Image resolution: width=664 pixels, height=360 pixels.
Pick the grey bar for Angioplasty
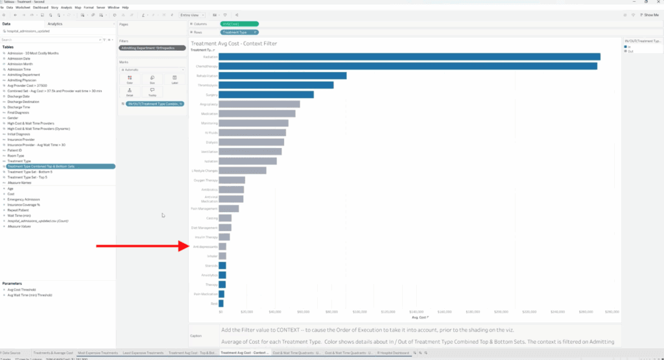(x=259, y=104)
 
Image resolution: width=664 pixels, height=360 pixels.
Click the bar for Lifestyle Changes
(x=243, y=171)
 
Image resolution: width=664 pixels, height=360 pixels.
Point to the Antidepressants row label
(x=205, y=247)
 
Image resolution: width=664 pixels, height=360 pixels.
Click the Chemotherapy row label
(x=207, y=66)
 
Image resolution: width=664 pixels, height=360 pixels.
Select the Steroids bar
(x=222, y=265)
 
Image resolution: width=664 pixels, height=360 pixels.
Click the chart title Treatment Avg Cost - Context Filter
(x=234, y=43)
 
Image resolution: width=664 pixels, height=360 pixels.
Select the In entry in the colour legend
(x=629, y=47)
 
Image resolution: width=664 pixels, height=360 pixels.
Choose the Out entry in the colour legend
(x=630, y=51)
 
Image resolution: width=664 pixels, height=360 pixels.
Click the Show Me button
(x=650, y=14)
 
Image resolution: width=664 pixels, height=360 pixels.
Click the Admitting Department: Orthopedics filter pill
(x=147, y=47)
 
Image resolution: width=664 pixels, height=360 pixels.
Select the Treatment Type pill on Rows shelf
(x=239, y=32)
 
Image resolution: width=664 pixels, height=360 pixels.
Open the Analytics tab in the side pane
(x=55, y=23)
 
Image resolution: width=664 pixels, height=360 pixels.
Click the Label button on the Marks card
(x=174, y=79)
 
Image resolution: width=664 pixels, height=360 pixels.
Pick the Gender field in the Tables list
(x=12, y=118)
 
